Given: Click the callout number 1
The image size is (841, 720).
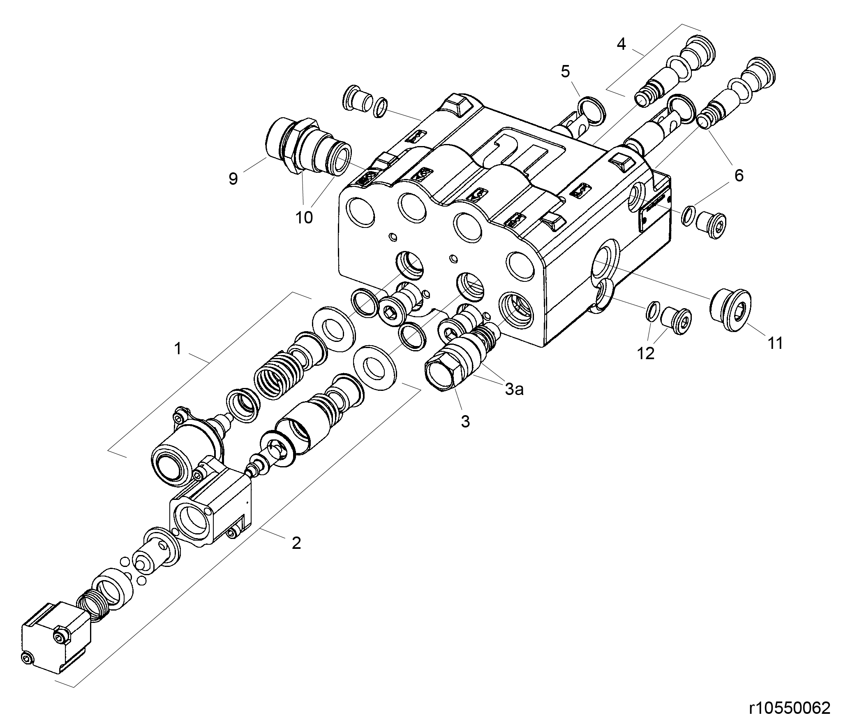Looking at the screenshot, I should pyautogui.click(x=178, y=349).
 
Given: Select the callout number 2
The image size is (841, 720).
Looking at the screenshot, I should pyautogui.click(x=296, y=543).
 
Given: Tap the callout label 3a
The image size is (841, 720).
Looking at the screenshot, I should pyautogui.click(x=514, y=389).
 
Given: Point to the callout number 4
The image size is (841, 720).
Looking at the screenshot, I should pyautogui.click(x=621, y=44).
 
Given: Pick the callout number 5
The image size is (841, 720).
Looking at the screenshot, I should pyautogui.click(x=566, y=72).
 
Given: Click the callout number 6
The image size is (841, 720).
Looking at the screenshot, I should pyautogui.click(x=739, y=176).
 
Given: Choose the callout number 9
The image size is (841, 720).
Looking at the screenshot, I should pyautogui.click(x=233, y=179).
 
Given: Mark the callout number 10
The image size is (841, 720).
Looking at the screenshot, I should pyautogui.click(x=304, y=217).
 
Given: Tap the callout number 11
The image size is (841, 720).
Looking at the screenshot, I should pyautogui.click(x=775, y=343).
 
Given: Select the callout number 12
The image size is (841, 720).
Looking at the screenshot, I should pyautogui.click(x=645, y=353).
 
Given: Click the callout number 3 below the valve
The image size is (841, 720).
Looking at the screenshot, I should pyautogui.click(x=465, y=421).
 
